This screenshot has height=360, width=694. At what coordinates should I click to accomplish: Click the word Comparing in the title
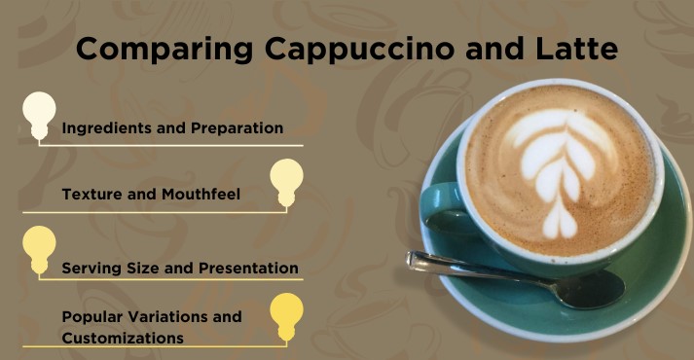click(x=155, y=50)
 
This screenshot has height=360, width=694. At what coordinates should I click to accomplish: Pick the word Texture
click(x=91, y=194)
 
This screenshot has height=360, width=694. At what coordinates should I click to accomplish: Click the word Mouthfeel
click(x=199, y=194)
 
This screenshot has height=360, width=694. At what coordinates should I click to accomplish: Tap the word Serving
click(x=93, y=268)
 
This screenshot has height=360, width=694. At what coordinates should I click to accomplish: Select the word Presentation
click(x=248, y=268)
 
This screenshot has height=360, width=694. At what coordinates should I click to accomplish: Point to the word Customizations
click(x=123, y=338)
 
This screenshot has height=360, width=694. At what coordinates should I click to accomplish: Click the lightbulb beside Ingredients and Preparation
click(x=39, y=113)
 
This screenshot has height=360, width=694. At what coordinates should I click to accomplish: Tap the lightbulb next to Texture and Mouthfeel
click(x=286, y=180)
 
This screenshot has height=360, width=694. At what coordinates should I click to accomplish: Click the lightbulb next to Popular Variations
click(x=286, y=314)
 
